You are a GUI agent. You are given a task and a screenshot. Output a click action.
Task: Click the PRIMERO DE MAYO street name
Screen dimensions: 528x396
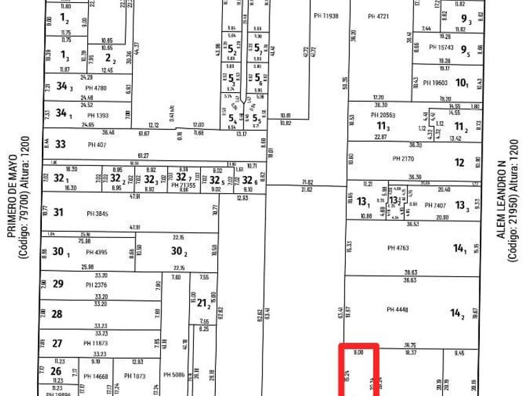tap(12, 197)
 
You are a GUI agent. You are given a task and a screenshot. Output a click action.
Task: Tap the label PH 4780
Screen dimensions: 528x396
tap(96, 87)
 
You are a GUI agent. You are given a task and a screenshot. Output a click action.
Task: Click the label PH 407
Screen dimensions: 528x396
tap(96, 145)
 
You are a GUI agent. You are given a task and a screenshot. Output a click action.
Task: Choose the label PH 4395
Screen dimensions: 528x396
tap(96, 252)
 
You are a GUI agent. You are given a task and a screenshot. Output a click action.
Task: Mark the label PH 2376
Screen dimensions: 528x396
tap(96, 285)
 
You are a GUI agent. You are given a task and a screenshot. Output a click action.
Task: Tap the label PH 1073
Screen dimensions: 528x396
tap(135, 375)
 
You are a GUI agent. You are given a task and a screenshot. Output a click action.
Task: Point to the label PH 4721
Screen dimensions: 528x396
tap(379, 16)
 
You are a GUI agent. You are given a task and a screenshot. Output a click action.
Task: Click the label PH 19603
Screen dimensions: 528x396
tap(435, 83)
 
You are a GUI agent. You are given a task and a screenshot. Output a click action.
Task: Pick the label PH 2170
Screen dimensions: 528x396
tap(403, 159)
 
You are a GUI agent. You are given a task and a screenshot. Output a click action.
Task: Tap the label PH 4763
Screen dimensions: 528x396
tap(398, 248)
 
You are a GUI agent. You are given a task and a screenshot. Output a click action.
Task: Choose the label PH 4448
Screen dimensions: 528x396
tap(398, 309)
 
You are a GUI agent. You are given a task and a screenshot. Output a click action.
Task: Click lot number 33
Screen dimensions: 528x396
tap(60, 144)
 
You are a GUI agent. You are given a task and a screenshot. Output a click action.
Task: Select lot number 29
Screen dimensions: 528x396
tap(58, 284)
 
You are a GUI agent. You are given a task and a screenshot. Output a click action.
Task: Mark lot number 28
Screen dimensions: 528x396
tap(57, 313)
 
